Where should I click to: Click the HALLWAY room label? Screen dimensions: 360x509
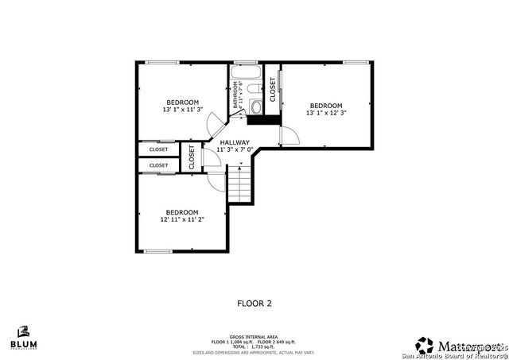(x=235, y=142)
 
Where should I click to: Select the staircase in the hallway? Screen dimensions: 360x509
(x=239, y=186)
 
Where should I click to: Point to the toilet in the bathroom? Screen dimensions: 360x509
(x=256, y=106)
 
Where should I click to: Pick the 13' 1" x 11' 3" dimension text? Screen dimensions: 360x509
(x=183, y=110)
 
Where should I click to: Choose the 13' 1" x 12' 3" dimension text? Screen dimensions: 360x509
(x=326, y=113)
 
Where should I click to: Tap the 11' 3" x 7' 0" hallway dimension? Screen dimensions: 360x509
(x=235, y=149)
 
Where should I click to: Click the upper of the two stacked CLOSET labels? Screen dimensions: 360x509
(x=158, y=149)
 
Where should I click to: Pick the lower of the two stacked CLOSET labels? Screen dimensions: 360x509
(x=158, y=165)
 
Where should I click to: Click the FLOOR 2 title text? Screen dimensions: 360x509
(x=254, y=303)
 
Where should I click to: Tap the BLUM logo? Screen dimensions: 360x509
(x=23, y=339)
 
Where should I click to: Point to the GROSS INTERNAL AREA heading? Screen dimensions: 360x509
(x=254, y=337)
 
